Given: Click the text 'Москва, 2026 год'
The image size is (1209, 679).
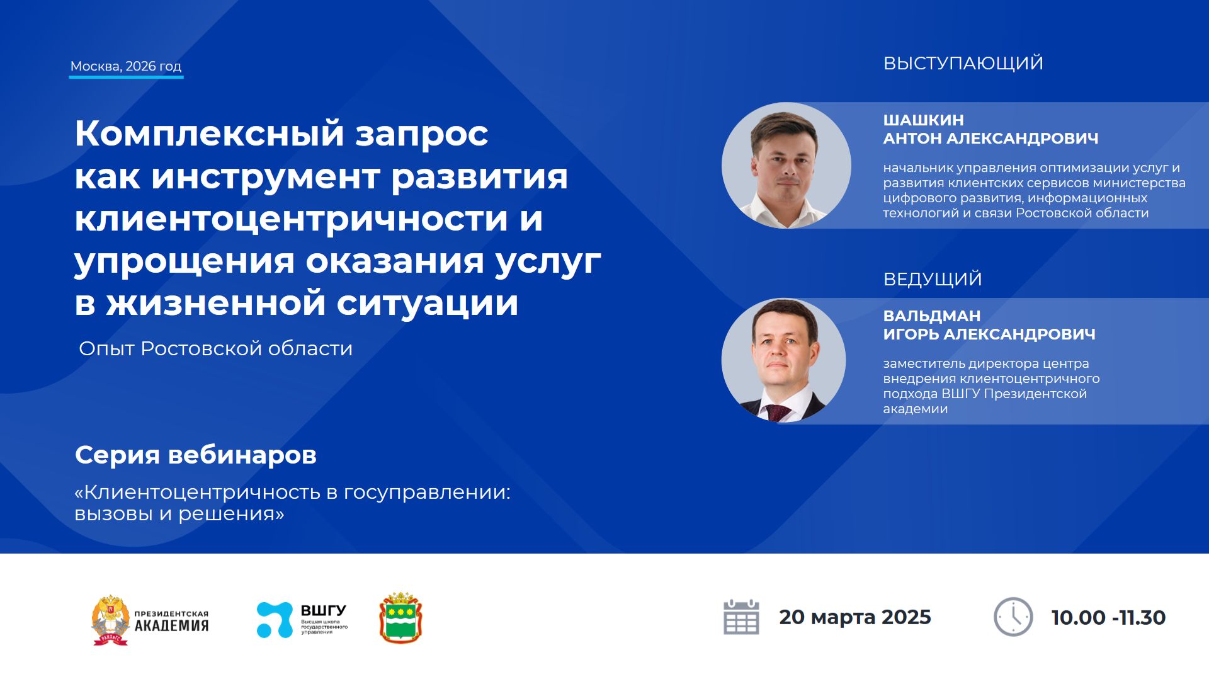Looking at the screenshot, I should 125,66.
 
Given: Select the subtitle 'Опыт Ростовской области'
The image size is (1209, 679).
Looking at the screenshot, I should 215,348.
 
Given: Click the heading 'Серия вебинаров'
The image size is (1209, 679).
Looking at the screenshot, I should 195,455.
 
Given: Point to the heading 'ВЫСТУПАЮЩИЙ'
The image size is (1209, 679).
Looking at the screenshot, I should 963,63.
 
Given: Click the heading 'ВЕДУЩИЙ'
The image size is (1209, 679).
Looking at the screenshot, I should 932,279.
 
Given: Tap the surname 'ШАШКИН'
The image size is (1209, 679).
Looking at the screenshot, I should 923,120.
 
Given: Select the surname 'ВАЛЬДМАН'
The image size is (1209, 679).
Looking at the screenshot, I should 931,316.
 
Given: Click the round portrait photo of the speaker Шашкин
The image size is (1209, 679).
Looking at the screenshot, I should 785,165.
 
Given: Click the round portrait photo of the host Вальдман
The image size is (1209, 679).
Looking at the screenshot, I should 783,360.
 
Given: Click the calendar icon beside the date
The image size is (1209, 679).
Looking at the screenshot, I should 741,617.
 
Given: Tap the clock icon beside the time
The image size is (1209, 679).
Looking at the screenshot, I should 1013,617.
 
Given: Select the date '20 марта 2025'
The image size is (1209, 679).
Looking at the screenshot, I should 854,617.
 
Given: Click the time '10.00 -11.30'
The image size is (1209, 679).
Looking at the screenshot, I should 1108,618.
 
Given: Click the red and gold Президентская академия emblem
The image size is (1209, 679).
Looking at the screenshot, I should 110,620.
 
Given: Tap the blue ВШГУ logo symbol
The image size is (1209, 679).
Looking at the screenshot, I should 275,620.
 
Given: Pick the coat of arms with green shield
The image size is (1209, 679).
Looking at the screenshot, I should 400,618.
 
